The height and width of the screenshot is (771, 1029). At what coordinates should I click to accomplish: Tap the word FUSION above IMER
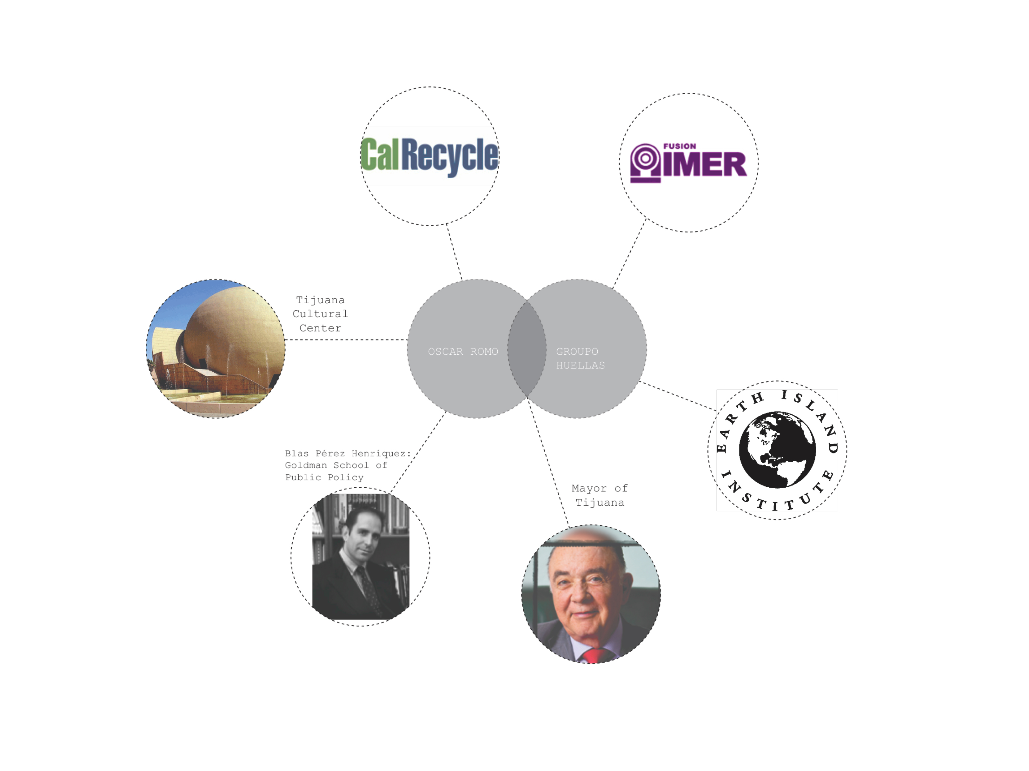679,146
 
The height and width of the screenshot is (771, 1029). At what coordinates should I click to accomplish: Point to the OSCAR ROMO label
462,352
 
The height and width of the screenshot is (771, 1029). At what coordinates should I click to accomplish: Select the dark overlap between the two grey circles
527,349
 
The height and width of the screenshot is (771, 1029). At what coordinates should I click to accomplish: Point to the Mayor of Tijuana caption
600,495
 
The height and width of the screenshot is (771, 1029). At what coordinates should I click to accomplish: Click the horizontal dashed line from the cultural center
346,339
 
